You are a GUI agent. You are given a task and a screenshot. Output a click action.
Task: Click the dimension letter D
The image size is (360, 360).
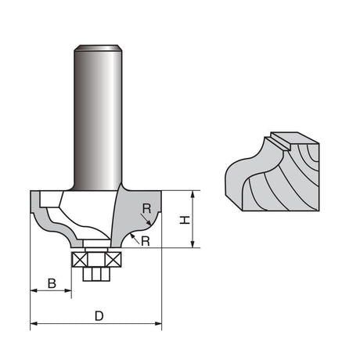tap(99, 316)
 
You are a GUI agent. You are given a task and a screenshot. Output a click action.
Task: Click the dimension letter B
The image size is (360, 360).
tap(52, 283)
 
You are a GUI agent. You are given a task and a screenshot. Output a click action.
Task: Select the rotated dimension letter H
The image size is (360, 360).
tap(185, 220)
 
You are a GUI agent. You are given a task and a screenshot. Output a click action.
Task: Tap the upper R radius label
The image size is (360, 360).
tap(146, 209)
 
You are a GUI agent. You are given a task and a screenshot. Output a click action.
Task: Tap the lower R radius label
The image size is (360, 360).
tap(146, 241)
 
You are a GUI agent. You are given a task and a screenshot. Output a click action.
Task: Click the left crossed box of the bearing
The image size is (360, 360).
tap(79, 260)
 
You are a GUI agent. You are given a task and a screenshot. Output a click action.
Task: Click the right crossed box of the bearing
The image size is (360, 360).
tap(113, 260)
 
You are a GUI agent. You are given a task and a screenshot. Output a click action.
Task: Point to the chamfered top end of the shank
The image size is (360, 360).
tap(98, 48)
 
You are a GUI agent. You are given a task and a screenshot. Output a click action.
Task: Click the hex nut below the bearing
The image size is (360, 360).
tap(96, 274)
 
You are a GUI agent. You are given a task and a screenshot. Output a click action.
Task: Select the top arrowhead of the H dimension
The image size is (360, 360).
tap(193, 194)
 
